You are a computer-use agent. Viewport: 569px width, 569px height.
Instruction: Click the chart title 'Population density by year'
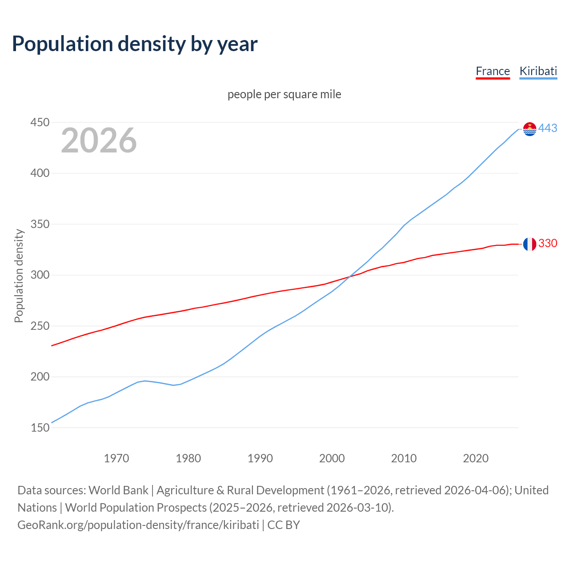tap(135, 44)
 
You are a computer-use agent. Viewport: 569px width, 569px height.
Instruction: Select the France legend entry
tap(493, 71)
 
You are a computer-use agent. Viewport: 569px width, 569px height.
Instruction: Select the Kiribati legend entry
tap(538, 71)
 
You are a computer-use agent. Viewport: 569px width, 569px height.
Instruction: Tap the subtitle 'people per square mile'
tap(284, 94)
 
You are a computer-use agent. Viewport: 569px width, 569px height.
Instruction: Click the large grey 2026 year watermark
tap(99, 140)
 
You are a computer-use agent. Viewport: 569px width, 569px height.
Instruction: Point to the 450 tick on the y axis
tap(40, 122)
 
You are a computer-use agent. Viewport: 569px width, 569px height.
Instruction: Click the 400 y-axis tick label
tap(40, 173)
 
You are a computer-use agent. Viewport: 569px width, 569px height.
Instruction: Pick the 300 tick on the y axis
tap(40, 275)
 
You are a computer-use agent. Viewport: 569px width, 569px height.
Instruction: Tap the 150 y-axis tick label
tap(40, 428)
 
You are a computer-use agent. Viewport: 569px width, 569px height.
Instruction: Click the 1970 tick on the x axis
tap(116, 458)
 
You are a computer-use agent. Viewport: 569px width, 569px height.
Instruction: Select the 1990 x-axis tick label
tap(260, 458)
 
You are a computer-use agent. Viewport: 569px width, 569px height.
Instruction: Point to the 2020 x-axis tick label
tap(476, 458)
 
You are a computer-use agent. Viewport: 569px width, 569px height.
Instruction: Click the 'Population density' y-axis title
tap(19, 276)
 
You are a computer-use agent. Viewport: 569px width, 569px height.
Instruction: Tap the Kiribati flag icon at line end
tap(529, 129)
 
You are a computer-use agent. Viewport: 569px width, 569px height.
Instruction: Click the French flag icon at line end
tap(529, 244)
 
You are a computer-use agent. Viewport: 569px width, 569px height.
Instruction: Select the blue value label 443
tap(548, 128)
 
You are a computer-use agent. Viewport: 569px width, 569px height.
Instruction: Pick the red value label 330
tap(548, 244)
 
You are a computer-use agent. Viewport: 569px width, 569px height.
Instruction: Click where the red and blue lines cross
tap(349, 277)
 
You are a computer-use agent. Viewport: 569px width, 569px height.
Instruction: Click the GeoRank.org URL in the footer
tap(138, 525)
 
